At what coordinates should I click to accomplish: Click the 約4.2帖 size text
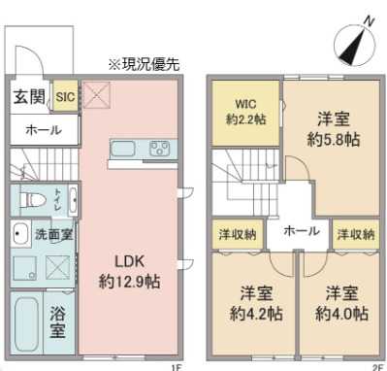[249, 315]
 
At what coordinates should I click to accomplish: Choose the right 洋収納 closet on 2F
[355, 234]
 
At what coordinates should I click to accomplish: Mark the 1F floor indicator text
[176, 365]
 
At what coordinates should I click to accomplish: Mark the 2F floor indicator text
[376, 365]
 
